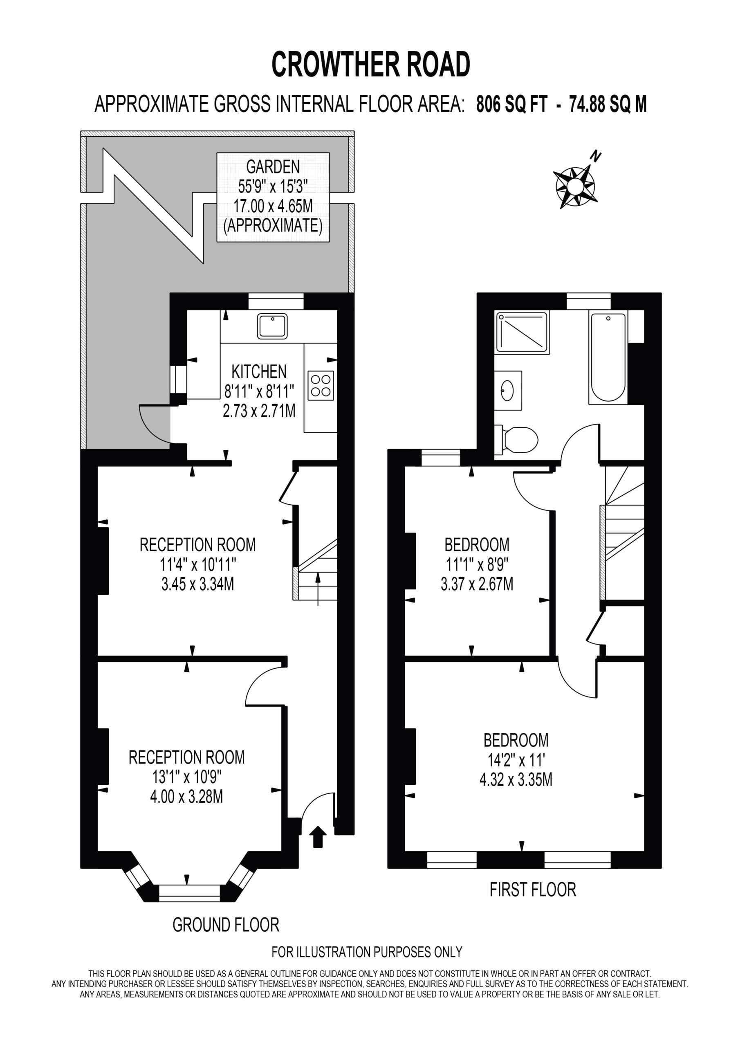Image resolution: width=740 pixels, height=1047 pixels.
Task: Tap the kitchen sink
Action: click(272, 326)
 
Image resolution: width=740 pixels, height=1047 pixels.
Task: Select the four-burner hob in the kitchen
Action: click(321, 386)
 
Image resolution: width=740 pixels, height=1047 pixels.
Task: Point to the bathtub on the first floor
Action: click(608, 357)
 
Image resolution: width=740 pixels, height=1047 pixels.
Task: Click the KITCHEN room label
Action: click(259, 372)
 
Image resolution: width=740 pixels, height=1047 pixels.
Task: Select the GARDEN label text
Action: click(273, 167)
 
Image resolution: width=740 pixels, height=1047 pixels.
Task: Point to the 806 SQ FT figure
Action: click(511, 104)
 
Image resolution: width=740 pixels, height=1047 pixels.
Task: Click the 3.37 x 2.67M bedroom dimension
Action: click(477, 584)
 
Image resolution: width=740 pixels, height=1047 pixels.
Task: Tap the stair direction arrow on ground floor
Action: click(318, 589)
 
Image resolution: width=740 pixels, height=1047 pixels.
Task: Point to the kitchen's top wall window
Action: click(276, 301)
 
